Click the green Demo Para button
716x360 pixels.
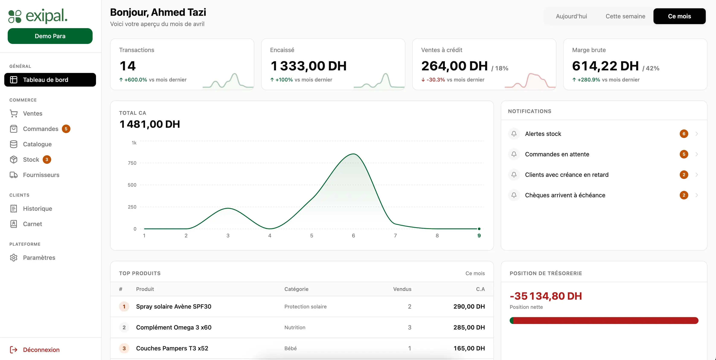(x=50, y=36)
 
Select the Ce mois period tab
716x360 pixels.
(x=679, y=16)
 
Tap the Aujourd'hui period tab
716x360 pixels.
(x=571, y=16)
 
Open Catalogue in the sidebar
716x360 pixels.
(x=37, y=144)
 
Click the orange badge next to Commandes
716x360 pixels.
(x=66, y=129)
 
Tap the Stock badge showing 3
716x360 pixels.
(x=47, y=160)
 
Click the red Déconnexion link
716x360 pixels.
(x=41, y=350)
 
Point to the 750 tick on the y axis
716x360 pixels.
(x=132, y=163)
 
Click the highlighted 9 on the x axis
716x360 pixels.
(x=479, y=235)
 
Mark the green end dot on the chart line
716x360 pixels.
(x=479, y=229)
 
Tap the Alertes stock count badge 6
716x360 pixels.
(x=684, y=134)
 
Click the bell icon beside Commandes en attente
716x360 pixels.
(x=514, y=154)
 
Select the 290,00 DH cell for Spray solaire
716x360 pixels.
(x=469, y=306)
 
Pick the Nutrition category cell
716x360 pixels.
(x=295, y=328)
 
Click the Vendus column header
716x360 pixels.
(x=402, y=289)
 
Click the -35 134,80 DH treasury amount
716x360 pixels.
(x=546, y=296)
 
